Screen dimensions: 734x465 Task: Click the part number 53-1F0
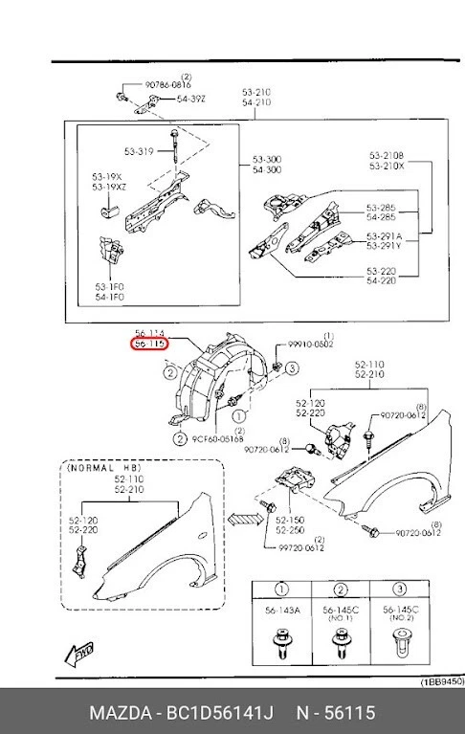108,285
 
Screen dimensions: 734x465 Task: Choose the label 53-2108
387,155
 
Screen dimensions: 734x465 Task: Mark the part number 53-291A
384,236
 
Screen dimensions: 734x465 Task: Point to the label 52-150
290,520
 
